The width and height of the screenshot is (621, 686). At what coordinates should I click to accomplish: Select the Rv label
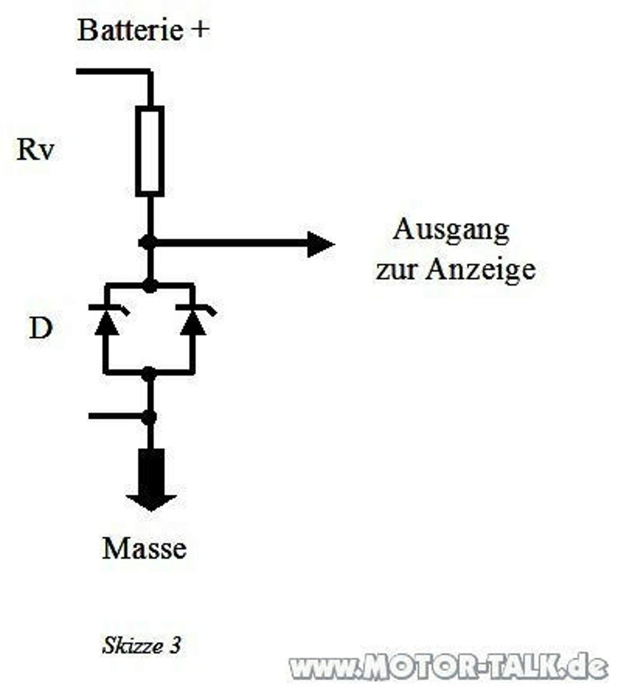[36, 150]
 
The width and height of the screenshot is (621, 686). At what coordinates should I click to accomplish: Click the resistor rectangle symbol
[150, 151]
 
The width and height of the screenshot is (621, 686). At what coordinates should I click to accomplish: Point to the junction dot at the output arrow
[148, 242]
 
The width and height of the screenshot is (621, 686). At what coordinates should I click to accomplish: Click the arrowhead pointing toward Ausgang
[320, 244]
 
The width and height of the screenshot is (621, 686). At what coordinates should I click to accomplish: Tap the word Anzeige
[481, 270]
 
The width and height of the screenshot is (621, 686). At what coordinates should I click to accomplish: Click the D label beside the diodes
[40, 328]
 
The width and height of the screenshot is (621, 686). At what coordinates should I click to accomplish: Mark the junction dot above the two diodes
[150, 286]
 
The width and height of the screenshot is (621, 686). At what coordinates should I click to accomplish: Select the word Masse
[144, 548]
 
